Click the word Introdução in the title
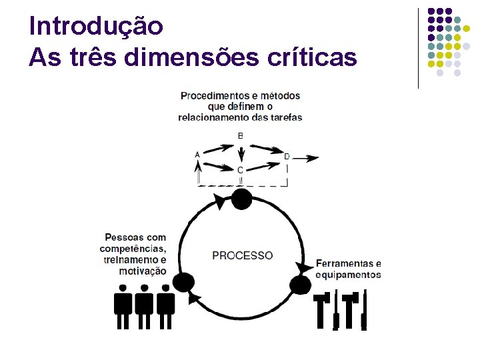(x=96, y=26)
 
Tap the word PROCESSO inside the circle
(x=243, y=255)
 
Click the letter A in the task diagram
(x=197, y=155)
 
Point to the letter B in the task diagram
(x=240, y=136)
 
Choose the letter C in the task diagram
(x=240, y=171)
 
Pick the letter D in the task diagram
(x=287, y=157)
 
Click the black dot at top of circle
(x=241, y=199)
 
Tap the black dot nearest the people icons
(x=183, y=283)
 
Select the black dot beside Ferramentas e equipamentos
(x=301, y=285)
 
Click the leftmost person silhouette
(x=123, y=306)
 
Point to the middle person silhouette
(x=144, y=306)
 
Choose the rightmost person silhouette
(x=165, y=306)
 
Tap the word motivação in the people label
(x=143, y=271)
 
